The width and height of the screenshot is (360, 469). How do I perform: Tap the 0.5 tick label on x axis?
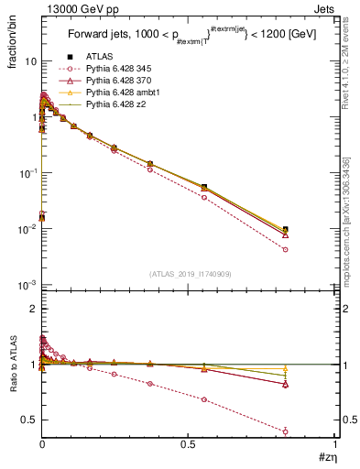click(188, 444)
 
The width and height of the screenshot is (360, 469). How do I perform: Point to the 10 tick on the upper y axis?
click(29, 61)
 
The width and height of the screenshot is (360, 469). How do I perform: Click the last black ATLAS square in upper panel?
click(286, 229)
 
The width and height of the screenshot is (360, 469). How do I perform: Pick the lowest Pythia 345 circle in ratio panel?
click(286, 431)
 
